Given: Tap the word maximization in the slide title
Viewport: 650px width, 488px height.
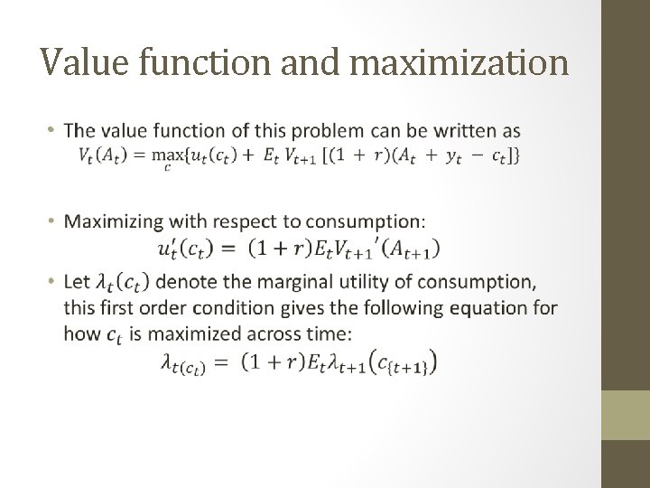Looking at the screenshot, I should pos(456,62).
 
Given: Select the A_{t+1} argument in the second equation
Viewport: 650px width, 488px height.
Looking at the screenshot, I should pos(416,249).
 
